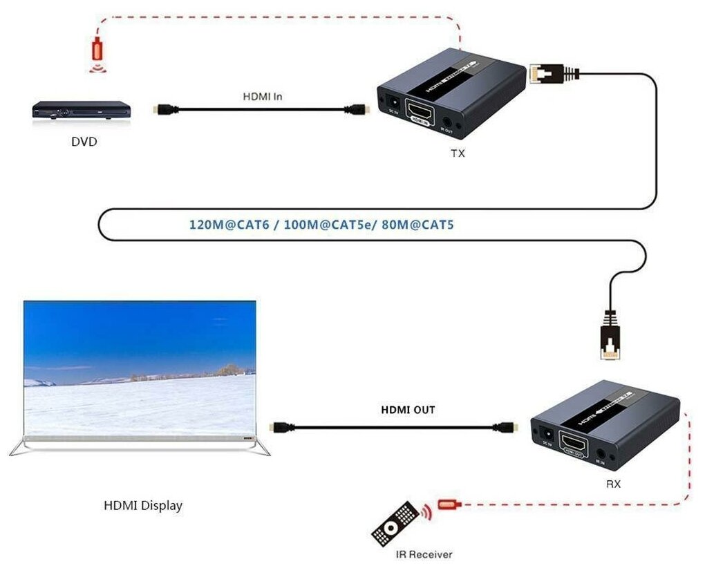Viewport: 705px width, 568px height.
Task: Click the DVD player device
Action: click(81, 111)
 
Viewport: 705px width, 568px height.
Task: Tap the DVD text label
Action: click(84, 143)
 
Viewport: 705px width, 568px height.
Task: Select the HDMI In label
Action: click(262, 96)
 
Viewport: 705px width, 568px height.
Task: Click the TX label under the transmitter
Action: click(458, 153)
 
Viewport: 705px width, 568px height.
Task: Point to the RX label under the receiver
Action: click(613, 484)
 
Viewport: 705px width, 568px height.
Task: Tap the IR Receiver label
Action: click(424, 554)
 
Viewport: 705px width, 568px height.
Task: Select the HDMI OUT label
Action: click(408, 410)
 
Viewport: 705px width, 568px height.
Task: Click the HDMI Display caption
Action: click(143, 505)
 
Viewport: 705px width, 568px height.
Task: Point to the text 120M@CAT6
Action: click(223, 225)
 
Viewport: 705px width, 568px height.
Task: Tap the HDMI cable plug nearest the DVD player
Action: click(164, 109)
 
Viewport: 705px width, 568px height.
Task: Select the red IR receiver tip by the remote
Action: click(448, 505)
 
